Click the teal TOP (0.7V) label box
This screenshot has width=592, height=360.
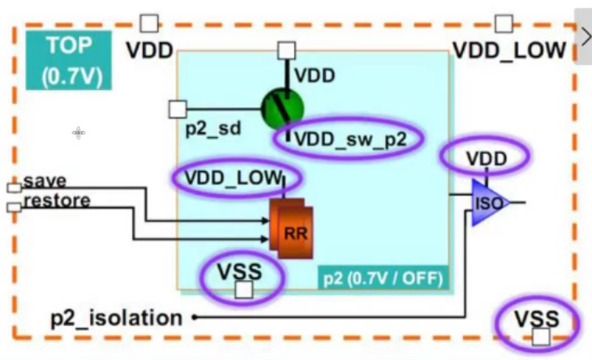(68, 60)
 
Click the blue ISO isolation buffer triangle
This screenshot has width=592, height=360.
(489, 201)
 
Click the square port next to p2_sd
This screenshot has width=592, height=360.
(178, 109)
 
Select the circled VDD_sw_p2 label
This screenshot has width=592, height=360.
(349, 138)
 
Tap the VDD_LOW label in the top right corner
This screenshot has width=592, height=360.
(508, 50)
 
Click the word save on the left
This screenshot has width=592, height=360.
(45, 180)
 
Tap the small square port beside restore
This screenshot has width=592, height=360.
(14, 207)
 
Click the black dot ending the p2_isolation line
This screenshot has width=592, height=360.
(195, 317)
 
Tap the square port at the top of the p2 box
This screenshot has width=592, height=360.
(286, 50)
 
